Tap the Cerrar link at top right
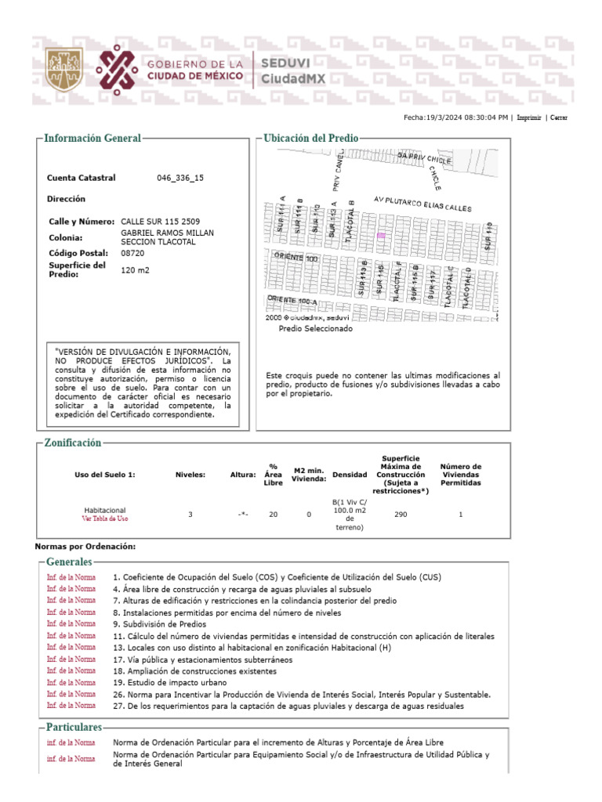pos(558,117)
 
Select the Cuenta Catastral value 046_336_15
pos(180,178)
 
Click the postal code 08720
pos(132,253)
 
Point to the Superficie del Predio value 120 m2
pos(135,270)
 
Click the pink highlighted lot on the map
pos(382,235)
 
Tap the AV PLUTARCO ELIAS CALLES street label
pos(422,204)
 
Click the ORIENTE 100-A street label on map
pos(292,300)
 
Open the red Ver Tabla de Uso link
pos(105,518)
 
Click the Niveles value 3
pos(190,515)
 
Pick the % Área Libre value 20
pos(273,515)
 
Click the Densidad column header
pos(349,475)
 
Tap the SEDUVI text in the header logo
pos(285,63)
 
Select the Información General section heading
pos(92,138)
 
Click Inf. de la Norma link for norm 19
pos(71,682)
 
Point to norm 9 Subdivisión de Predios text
pos(160,624)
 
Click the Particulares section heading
pos(74,728)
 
